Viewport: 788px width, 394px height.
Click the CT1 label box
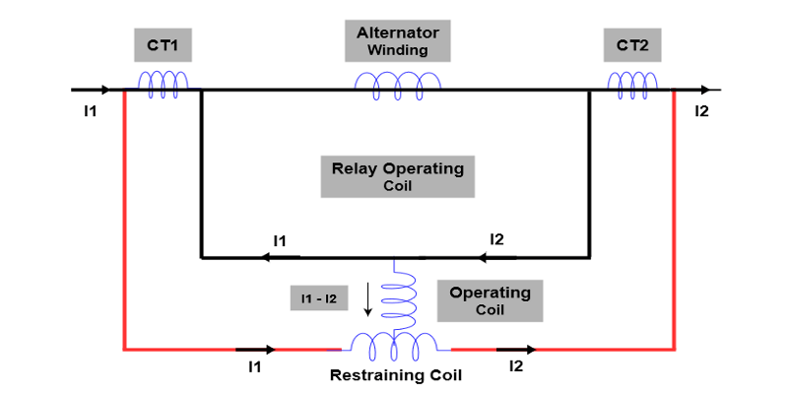pos(164,45)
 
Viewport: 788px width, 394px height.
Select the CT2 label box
pos(632,45)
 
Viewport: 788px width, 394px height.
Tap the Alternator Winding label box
pos(397,41)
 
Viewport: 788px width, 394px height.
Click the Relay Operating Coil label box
pos(397,176)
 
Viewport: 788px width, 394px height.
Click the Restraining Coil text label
pos(395,375)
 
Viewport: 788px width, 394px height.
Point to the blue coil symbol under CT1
pos(163,84)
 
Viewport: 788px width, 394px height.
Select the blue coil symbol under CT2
pos(631,84)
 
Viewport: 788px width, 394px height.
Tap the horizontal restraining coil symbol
pos(395,345)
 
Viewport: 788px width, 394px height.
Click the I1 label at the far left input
pos(91,110)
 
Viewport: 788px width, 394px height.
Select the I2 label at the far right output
pos(701,110)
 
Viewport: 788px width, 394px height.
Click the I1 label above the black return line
pos(280,240)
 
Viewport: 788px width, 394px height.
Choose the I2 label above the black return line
pos(497,239)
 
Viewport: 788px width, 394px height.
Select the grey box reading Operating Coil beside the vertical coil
pos(490,300)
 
